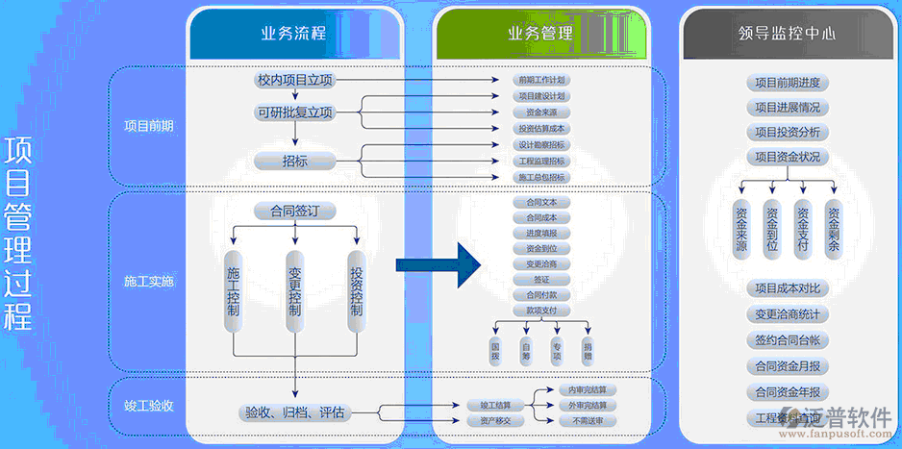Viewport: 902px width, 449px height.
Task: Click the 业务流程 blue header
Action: point(293,34)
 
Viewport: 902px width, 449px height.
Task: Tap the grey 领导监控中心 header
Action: point(787,33)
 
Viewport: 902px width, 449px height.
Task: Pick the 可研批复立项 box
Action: point(294,113)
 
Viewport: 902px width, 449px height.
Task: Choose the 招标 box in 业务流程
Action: point(294,161)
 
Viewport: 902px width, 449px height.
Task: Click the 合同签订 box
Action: point(294,210)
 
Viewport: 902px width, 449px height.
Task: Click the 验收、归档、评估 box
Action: point(294,412)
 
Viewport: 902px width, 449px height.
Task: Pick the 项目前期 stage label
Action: point(149,126)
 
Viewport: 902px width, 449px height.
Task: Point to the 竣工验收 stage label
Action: point(149,405)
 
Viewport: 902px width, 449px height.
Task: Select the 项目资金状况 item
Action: point(787,157)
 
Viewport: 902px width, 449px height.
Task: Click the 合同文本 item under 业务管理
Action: point(541,203)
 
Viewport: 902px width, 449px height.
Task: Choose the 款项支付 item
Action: point(541,311)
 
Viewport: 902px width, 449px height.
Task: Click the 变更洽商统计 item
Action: point(787,314)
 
